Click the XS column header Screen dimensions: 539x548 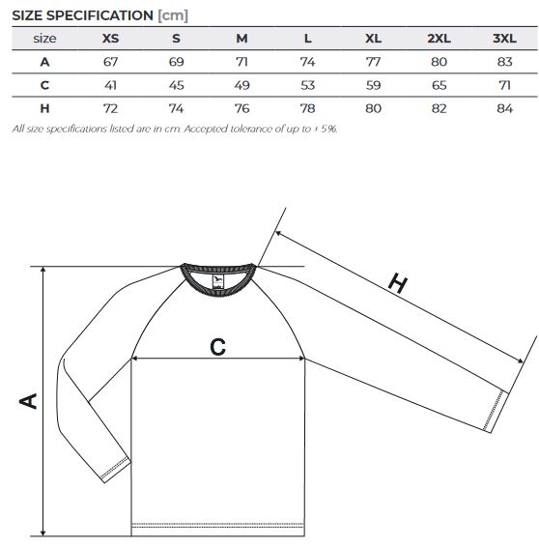pos(110,38)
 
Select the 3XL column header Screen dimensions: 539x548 pos(504,38)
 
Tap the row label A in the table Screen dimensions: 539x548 pos(44,62)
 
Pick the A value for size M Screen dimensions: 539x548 pos(241,62)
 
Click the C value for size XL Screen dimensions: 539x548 pos(373,85)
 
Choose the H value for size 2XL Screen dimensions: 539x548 pos(439,108)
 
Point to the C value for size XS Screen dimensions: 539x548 pos(110,85)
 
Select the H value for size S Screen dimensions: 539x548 pos(176,108)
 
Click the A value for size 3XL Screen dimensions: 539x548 pos(504,62)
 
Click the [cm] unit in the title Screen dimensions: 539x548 pos(173,15)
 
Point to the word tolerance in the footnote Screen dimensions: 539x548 pos(251,129)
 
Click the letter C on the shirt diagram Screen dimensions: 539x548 pos(217,347)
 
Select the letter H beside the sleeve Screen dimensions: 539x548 pos(398,283)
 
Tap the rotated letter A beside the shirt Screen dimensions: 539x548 pos(28,401)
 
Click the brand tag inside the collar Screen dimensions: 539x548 pos(217,281)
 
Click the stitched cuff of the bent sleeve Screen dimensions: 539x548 pos(116,470)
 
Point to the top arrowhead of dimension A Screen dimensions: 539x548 pos(43,270)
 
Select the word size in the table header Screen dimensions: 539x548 pos(44,38)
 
